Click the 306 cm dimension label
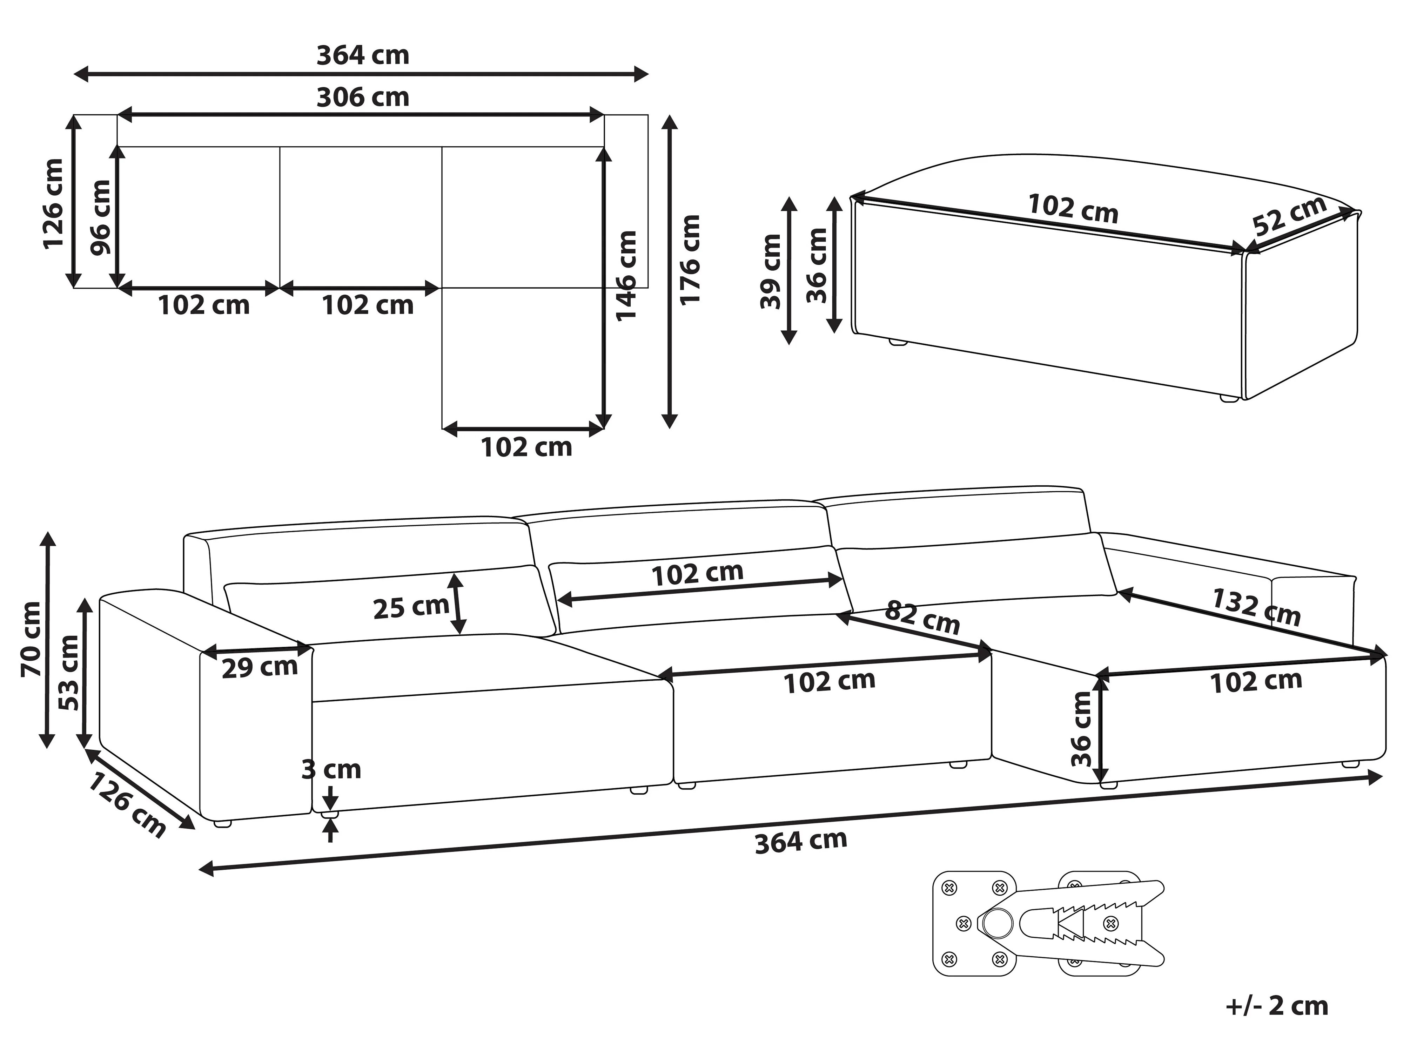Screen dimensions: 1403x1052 point(363,97)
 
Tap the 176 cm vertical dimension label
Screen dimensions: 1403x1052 point(690,260)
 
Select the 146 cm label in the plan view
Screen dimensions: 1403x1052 point(626,276)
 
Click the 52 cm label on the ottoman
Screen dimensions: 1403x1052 point(1289,215)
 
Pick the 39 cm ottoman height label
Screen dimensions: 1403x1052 point(771,271)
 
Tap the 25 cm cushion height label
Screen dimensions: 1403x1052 point(411,607)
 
